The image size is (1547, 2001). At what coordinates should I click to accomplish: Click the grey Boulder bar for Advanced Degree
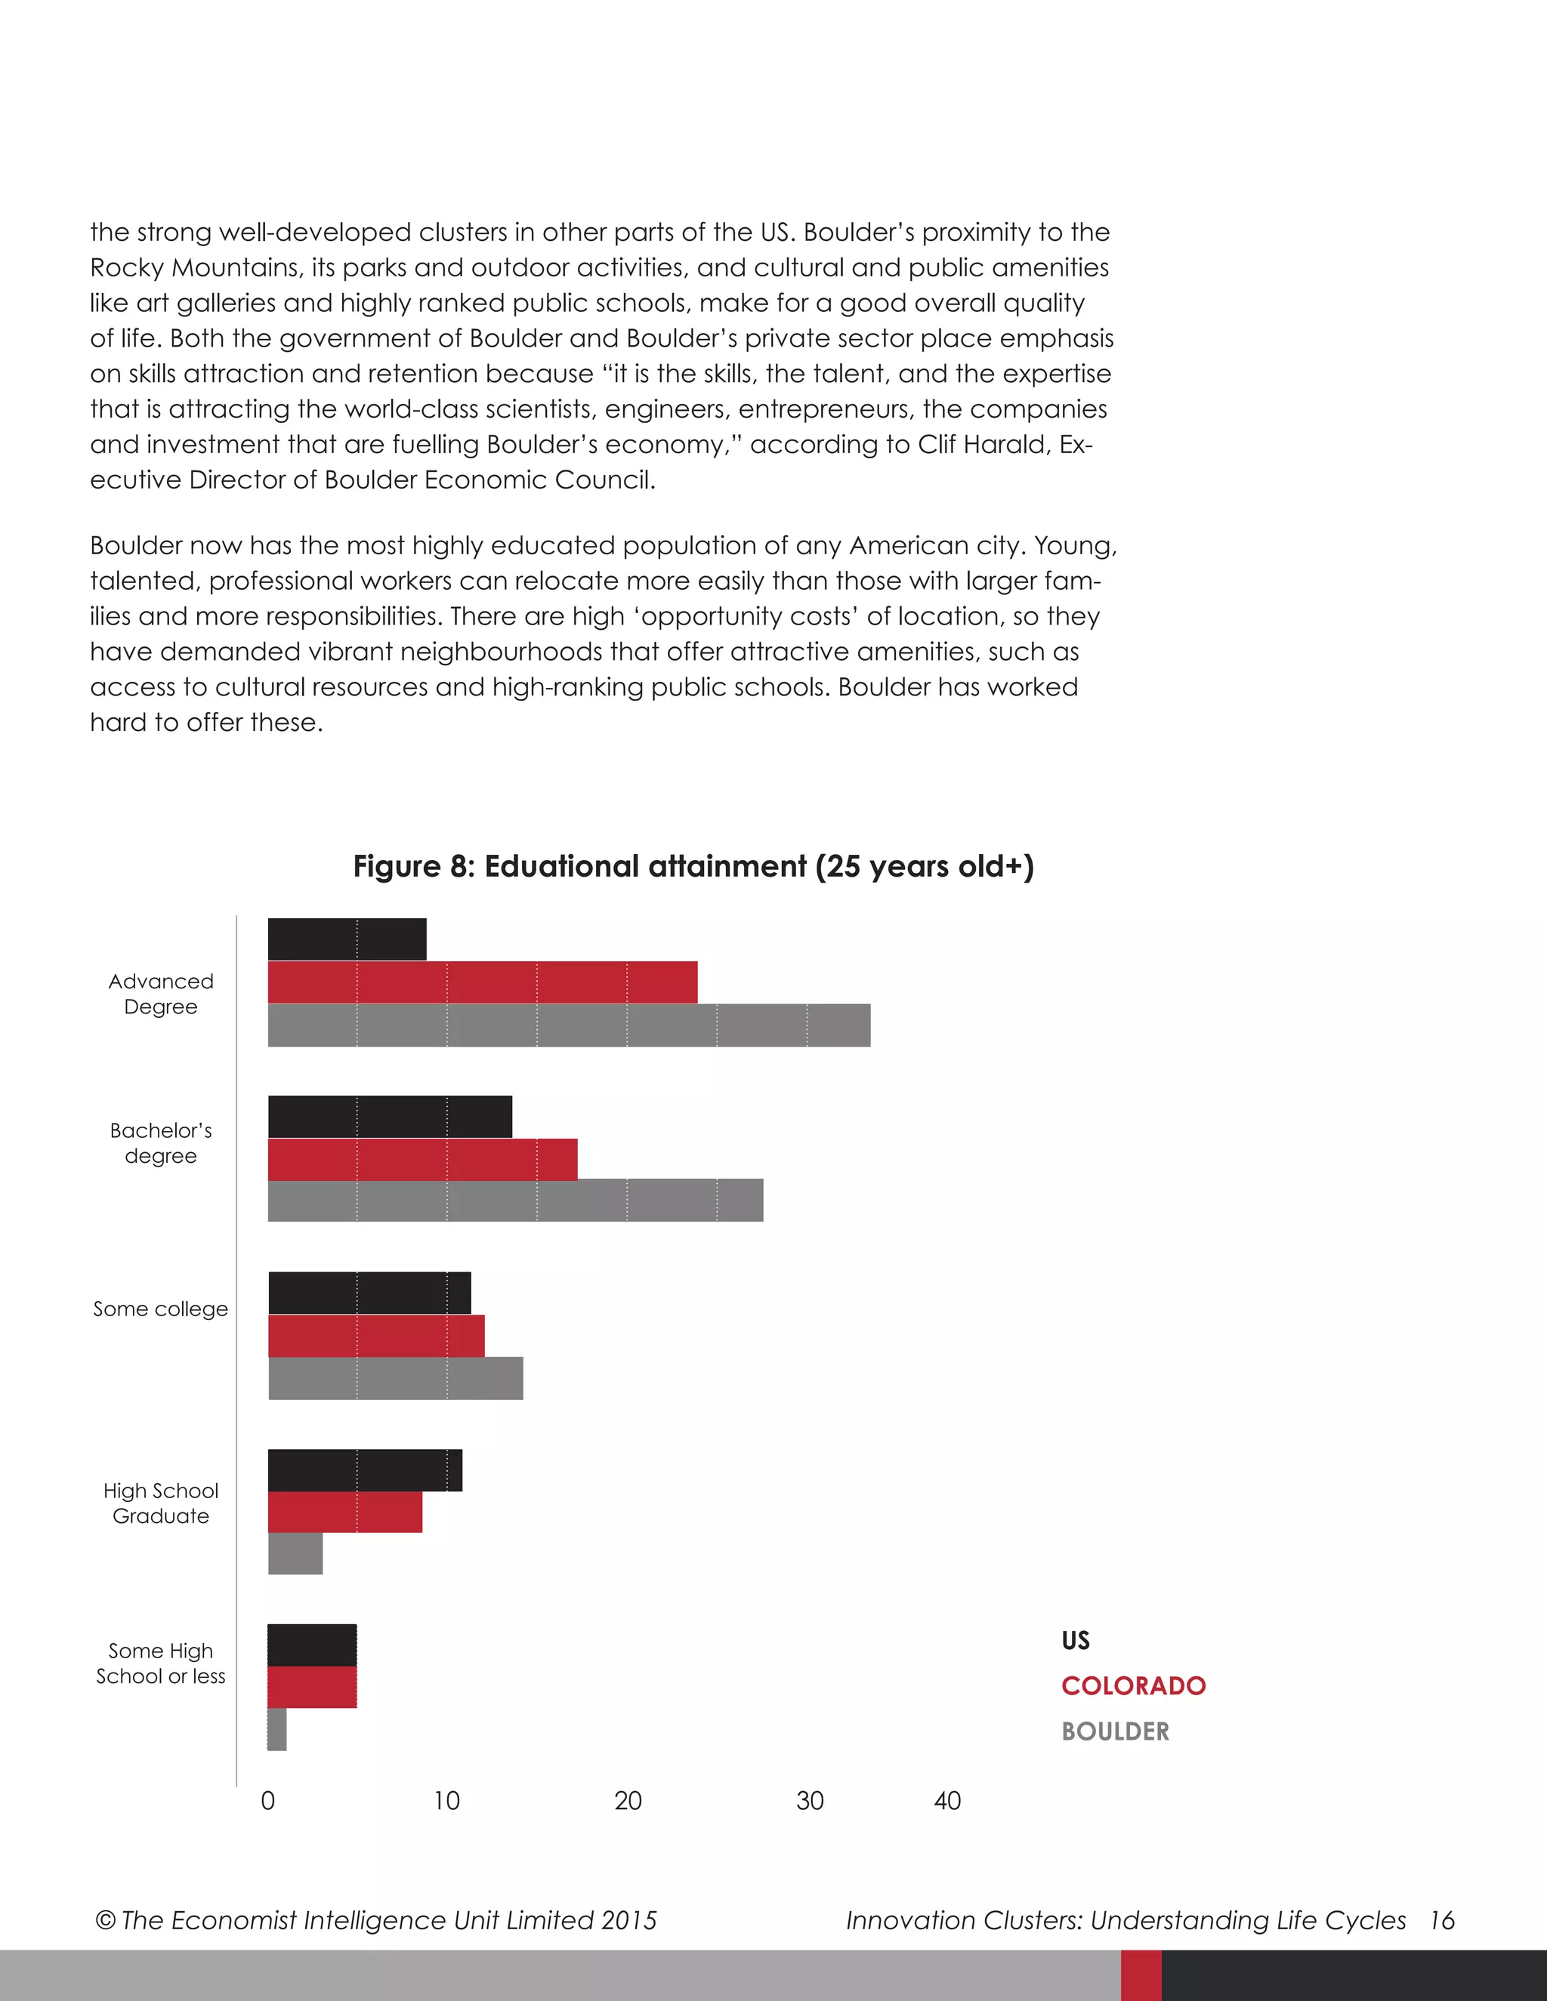pyautogui.click(x=568, y=1025)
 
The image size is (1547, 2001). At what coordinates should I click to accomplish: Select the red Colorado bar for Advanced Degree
pyautogui.click(x=482, y=982)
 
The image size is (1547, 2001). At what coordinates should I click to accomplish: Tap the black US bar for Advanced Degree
pyautogui.click(x=347, y=939)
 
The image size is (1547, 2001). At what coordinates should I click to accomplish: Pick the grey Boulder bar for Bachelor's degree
pyautogui.click(x=515, y=1201)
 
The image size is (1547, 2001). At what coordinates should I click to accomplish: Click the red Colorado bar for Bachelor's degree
pyautogui.click(x=422, y=1159)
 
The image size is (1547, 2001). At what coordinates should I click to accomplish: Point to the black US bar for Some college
pyautogui.click(x=369, y=1293)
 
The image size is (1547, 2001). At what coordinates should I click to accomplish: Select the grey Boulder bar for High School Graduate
pyautogui.click(x=295, y=1554)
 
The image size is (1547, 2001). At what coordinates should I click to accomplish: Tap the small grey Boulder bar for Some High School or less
pyautogui.click(x=276, y=1730)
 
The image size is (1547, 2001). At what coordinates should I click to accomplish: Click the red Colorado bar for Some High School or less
pyautogui.click(x=312, y=1687)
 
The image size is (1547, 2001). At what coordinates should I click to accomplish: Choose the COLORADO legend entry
pyautogui.click(x=1133, y=1686)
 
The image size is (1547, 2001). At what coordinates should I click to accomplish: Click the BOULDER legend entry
pyautogui.click(x=1116, y=1731)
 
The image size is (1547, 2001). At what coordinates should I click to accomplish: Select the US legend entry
pyautogui.click(x=1075, y=1641)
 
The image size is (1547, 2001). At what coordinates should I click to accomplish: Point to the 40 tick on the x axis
pyautogui.click(x=946, y=1801)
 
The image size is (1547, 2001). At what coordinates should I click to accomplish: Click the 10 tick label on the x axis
pyautogui.click(x=446, y=1801)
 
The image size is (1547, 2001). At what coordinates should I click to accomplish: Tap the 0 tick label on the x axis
pyautogui.click(x=267, y=1801)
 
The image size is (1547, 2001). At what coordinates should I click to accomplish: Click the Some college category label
pyautogui.click(x=160, y=1309)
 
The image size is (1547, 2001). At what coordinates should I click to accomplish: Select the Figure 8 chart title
pyautogui.click(x=693, y=867)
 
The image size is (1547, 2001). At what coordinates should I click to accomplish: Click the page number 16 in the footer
pyautogui.click(x=1441, y=1920)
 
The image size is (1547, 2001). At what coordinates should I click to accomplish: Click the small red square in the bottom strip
pyautogui.click(x=1141, y=1975)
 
